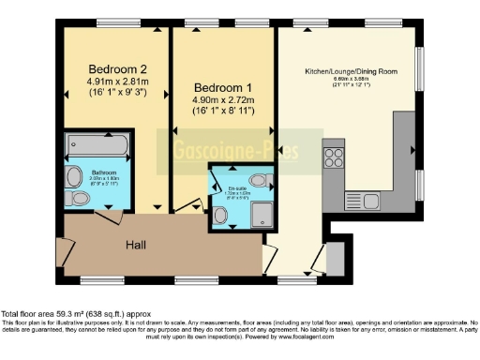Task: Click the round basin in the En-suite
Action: click(260, 179)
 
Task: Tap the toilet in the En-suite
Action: click(221, 216)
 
